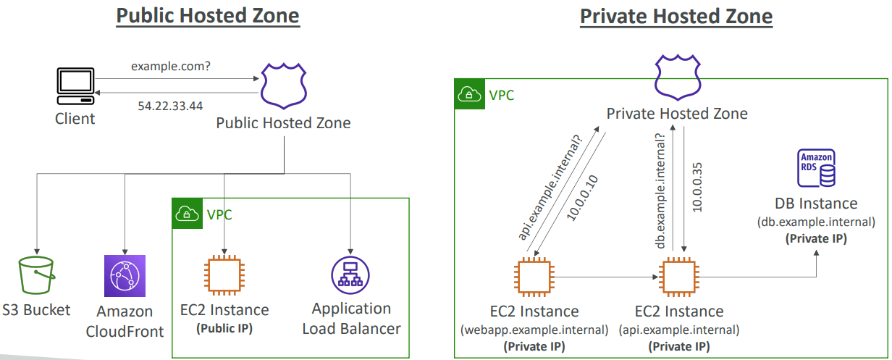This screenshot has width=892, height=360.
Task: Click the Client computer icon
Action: point(74,87)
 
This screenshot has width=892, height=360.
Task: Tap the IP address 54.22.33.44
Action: point(170,106)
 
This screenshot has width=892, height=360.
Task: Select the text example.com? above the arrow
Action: point(171,67)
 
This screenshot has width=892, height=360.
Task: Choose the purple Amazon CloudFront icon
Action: point(125,276)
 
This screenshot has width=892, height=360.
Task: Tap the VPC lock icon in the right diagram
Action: point(468,94)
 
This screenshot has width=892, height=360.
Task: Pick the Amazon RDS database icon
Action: point(817,168)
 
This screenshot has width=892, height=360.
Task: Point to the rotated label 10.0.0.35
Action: point(697,185)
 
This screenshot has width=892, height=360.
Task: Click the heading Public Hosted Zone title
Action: point(208,16)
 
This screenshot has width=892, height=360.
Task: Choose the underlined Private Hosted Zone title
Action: point(676,16)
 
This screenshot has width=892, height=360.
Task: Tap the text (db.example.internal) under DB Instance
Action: point(816,222)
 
